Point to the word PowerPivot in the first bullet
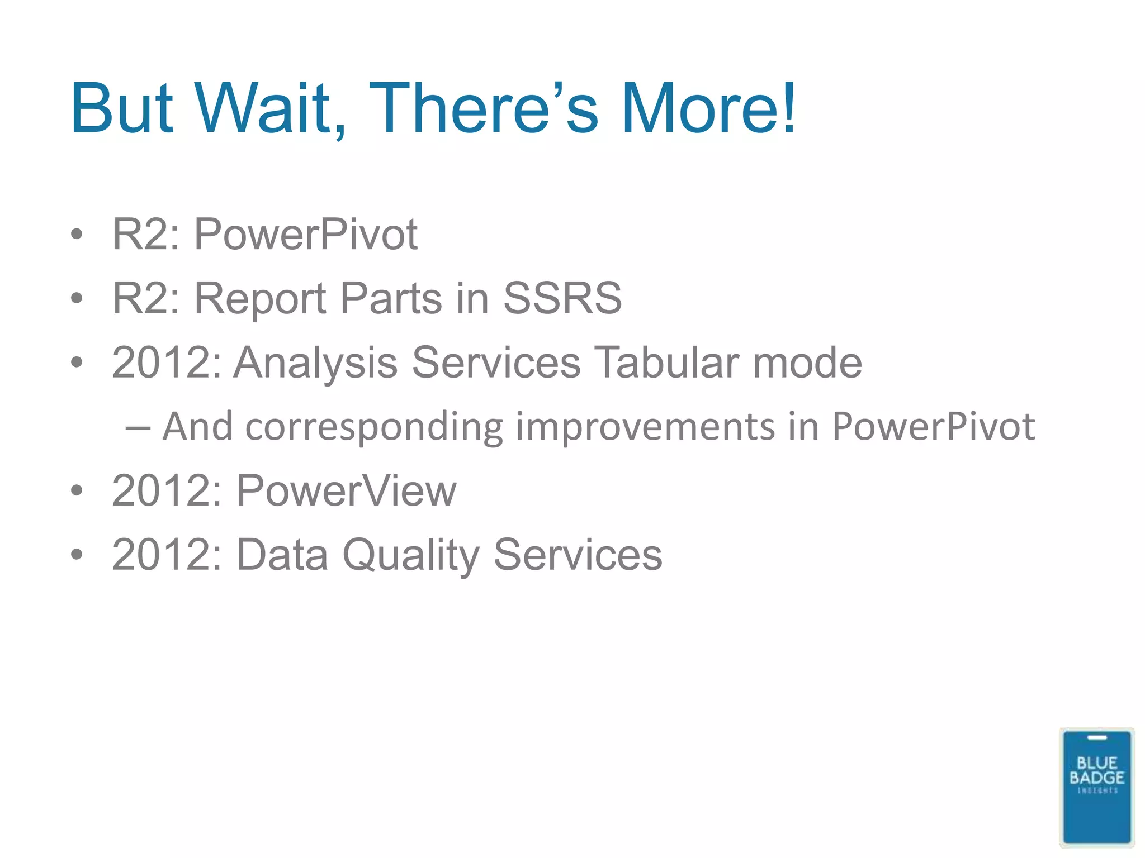pos(305,235)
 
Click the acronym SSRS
pos(562,298)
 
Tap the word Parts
pos(391,298)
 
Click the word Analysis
pos(316,363)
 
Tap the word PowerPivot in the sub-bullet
pos(933,427)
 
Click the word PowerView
pos(346,491)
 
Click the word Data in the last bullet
pos(282,555)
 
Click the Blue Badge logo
pos(1096,786)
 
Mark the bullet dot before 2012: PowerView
pos(77,491)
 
